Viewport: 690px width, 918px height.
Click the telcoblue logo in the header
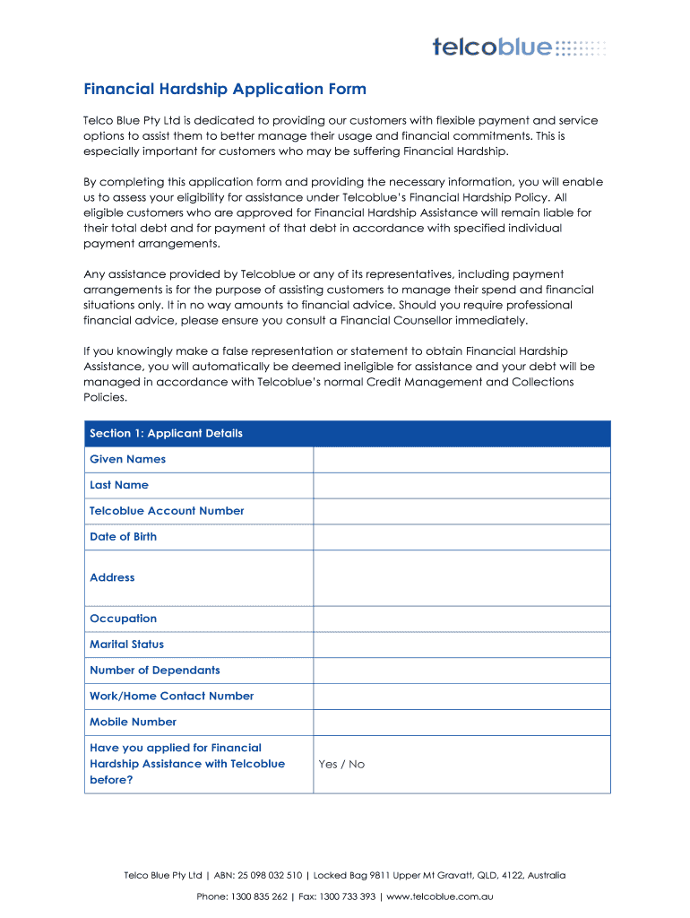[x=518, y=47]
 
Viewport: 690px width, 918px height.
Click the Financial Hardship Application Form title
[x=225, y=89]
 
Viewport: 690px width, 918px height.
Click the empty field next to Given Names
[x=461, y=460]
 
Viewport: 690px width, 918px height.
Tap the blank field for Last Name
[x=461, y=486]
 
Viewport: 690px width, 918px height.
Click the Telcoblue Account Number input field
[x=461, y=511]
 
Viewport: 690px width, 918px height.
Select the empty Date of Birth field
[x=461, y=537]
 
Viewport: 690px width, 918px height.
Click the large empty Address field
[x=461, y=578]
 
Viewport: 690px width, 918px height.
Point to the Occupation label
[x=123, y=619]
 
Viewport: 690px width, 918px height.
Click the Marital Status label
[x=126, y=645]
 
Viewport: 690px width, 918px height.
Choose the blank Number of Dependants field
[x=461, y=671]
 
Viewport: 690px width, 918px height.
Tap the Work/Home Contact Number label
[x=171, y=697]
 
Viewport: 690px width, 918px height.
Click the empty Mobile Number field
[x=461, y=723]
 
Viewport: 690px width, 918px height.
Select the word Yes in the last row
[x=328, y=765]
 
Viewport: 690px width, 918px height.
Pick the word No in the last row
[x=357, y=765]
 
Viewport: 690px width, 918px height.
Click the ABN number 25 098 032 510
[x=269, y=876]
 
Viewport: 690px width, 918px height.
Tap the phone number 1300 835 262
[x=259, y=896]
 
